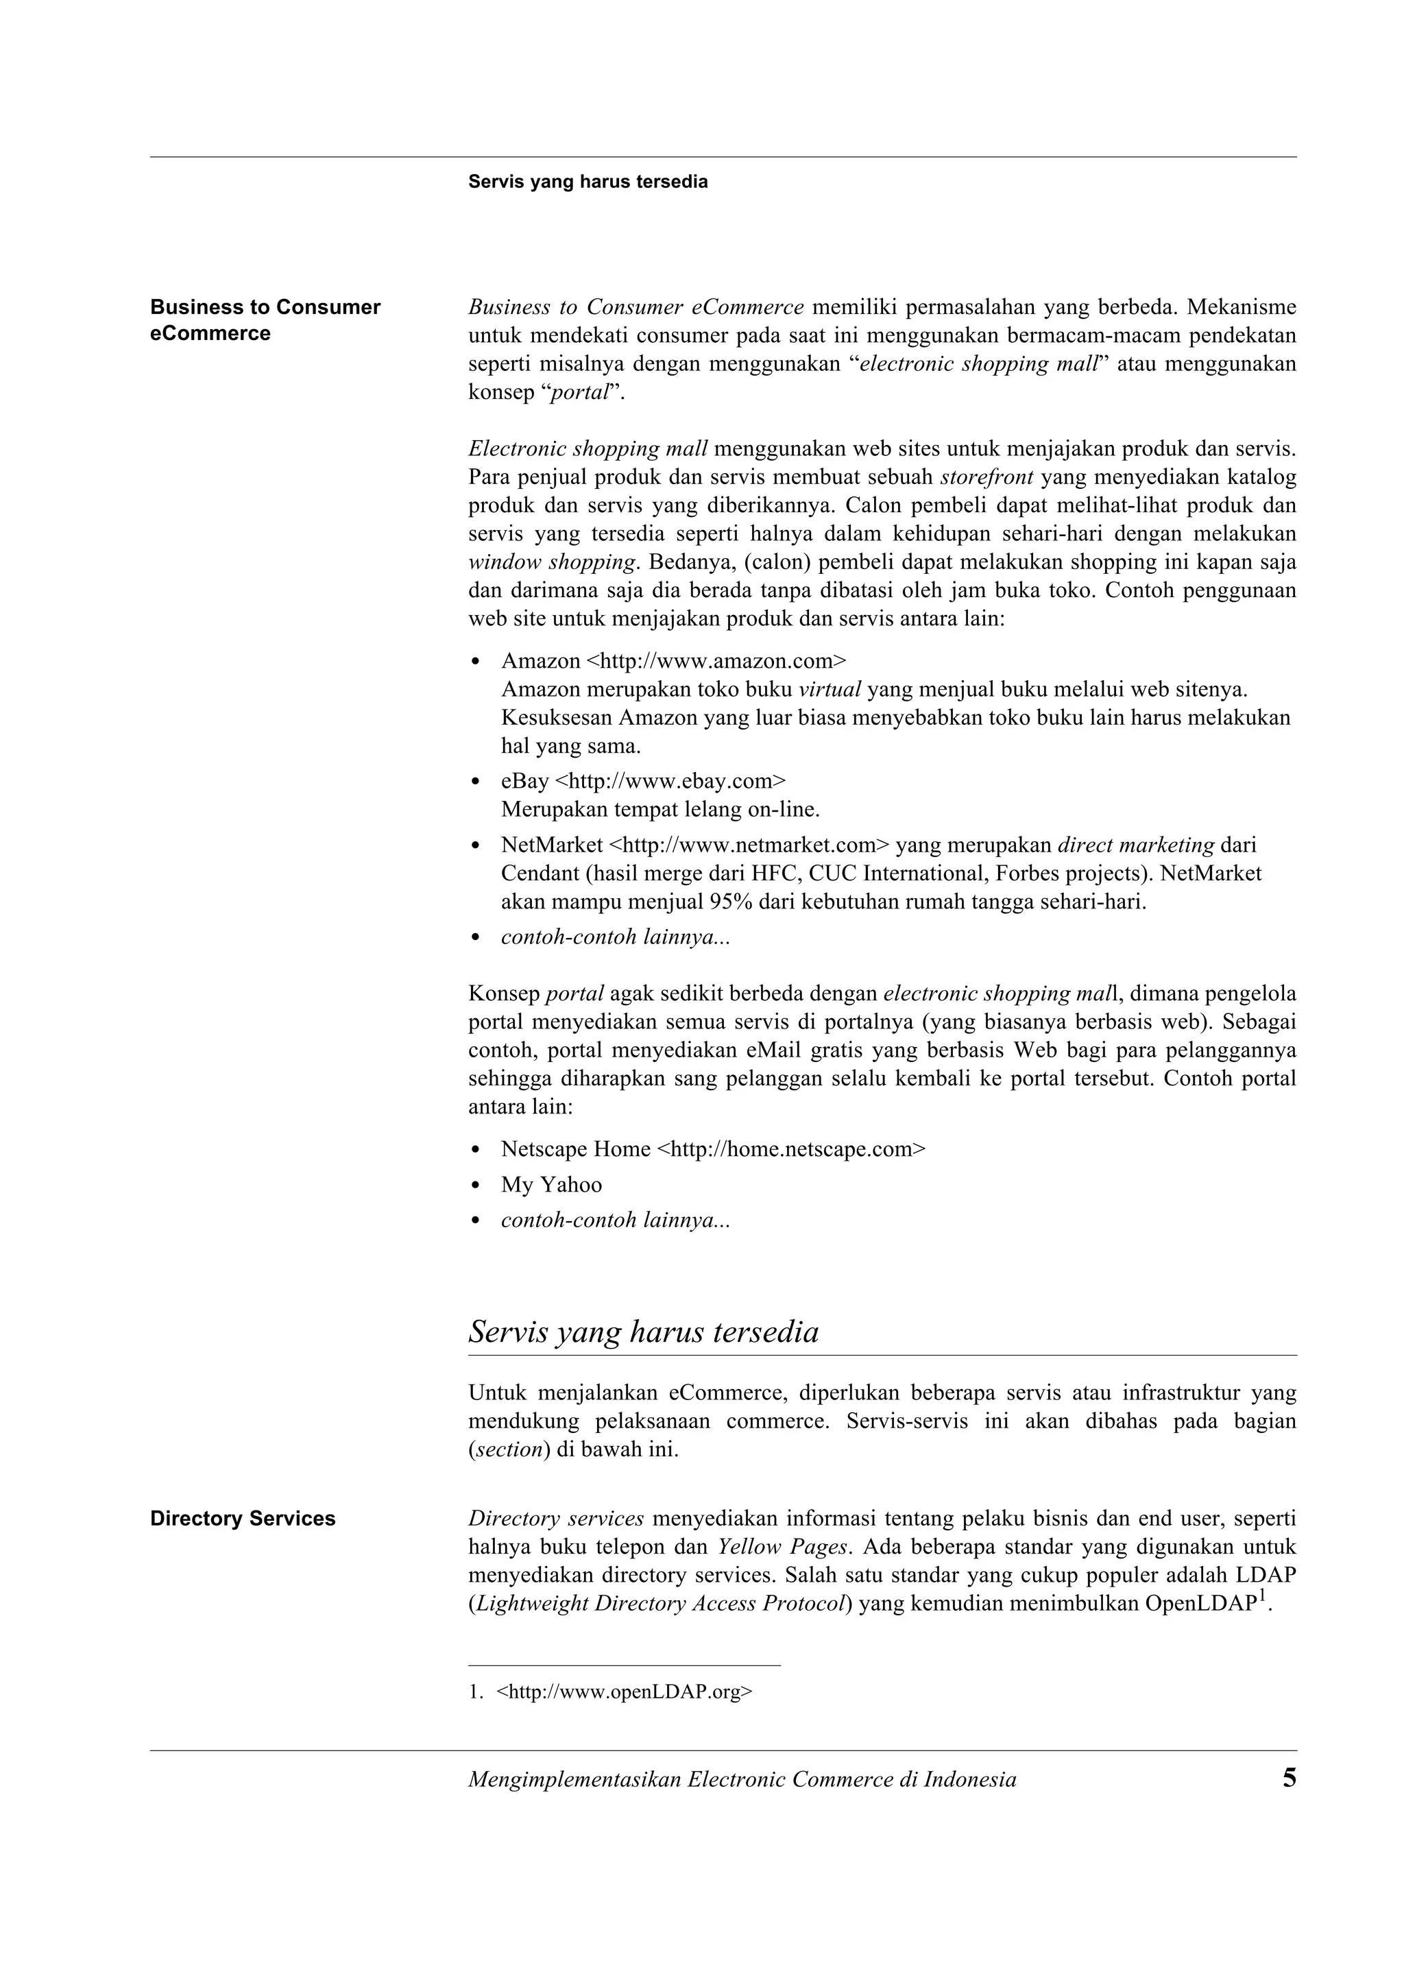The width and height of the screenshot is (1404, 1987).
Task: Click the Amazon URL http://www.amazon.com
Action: coord(716,661)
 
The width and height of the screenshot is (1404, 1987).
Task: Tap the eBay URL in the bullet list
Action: coord(670,782)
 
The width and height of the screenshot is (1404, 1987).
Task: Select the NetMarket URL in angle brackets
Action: coord(749,845)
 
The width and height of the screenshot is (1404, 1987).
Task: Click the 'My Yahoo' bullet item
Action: coord(551,1185)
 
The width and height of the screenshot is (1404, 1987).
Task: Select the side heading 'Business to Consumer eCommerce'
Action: coord(265,320)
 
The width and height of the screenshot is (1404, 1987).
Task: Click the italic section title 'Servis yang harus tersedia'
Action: coord(643,1331)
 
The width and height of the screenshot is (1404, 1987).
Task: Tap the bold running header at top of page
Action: coord(588,182)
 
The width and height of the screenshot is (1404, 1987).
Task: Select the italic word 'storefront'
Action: coord(987,477)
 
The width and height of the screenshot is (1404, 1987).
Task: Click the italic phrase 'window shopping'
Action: coord(552,562)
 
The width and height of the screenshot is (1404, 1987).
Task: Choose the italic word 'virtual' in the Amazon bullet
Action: coord(830,690)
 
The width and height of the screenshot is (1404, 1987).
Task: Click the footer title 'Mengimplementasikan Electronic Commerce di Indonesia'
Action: coord(741,1780)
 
